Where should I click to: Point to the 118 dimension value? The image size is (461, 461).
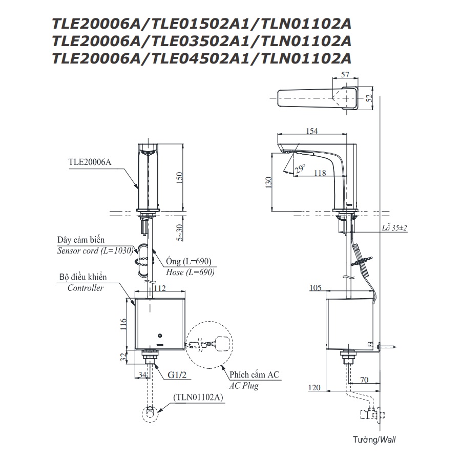(320, 173)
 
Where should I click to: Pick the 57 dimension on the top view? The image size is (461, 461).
(345, 75)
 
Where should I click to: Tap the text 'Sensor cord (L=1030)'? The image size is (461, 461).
(95, 250)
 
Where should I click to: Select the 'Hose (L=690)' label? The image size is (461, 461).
(190, 272)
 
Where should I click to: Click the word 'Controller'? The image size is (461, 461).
(86, 288)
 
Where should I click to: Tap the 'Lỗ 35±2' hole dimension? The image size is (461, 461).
(394, 228)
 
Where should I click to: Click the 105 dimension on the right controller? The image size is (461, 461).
(316, 288)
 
